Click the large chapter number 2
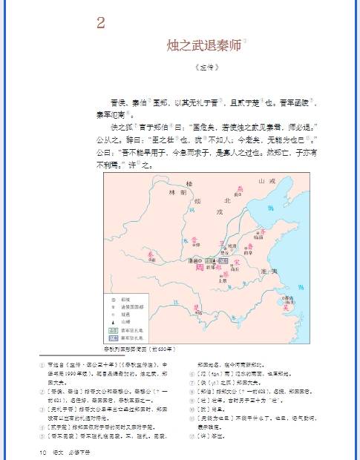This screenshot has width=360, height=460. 100,22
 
